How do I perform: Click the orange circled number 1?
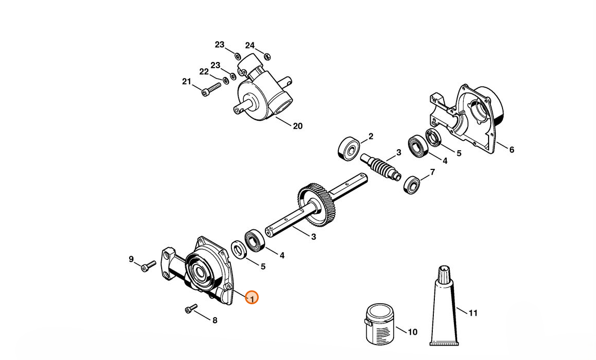[x=252, y=298]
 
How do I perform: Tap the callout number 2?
[x=370, y=136]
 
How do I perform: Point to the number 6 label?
[x=511, y=150]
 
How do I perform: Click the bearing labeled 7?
[x=412, y=184]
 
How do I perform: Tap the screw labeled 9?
[x=148, y=266]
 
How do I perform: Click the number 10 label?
[x=413, y=332]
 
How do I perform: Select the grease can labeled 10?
[x=379, y=324]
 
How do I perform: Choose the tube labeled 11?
[x=444, y=310]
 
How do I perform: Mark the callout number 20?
[x=297, y=126]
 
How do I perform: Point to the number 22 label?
[x=204, y=72]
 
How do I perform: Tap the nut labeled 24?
[x=267, y=56]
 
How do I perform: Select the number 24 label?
[x=250, y=45]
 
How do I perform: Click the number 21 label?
[x=186, y=82]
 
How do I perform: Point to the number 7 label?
[x=432, y=171]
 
